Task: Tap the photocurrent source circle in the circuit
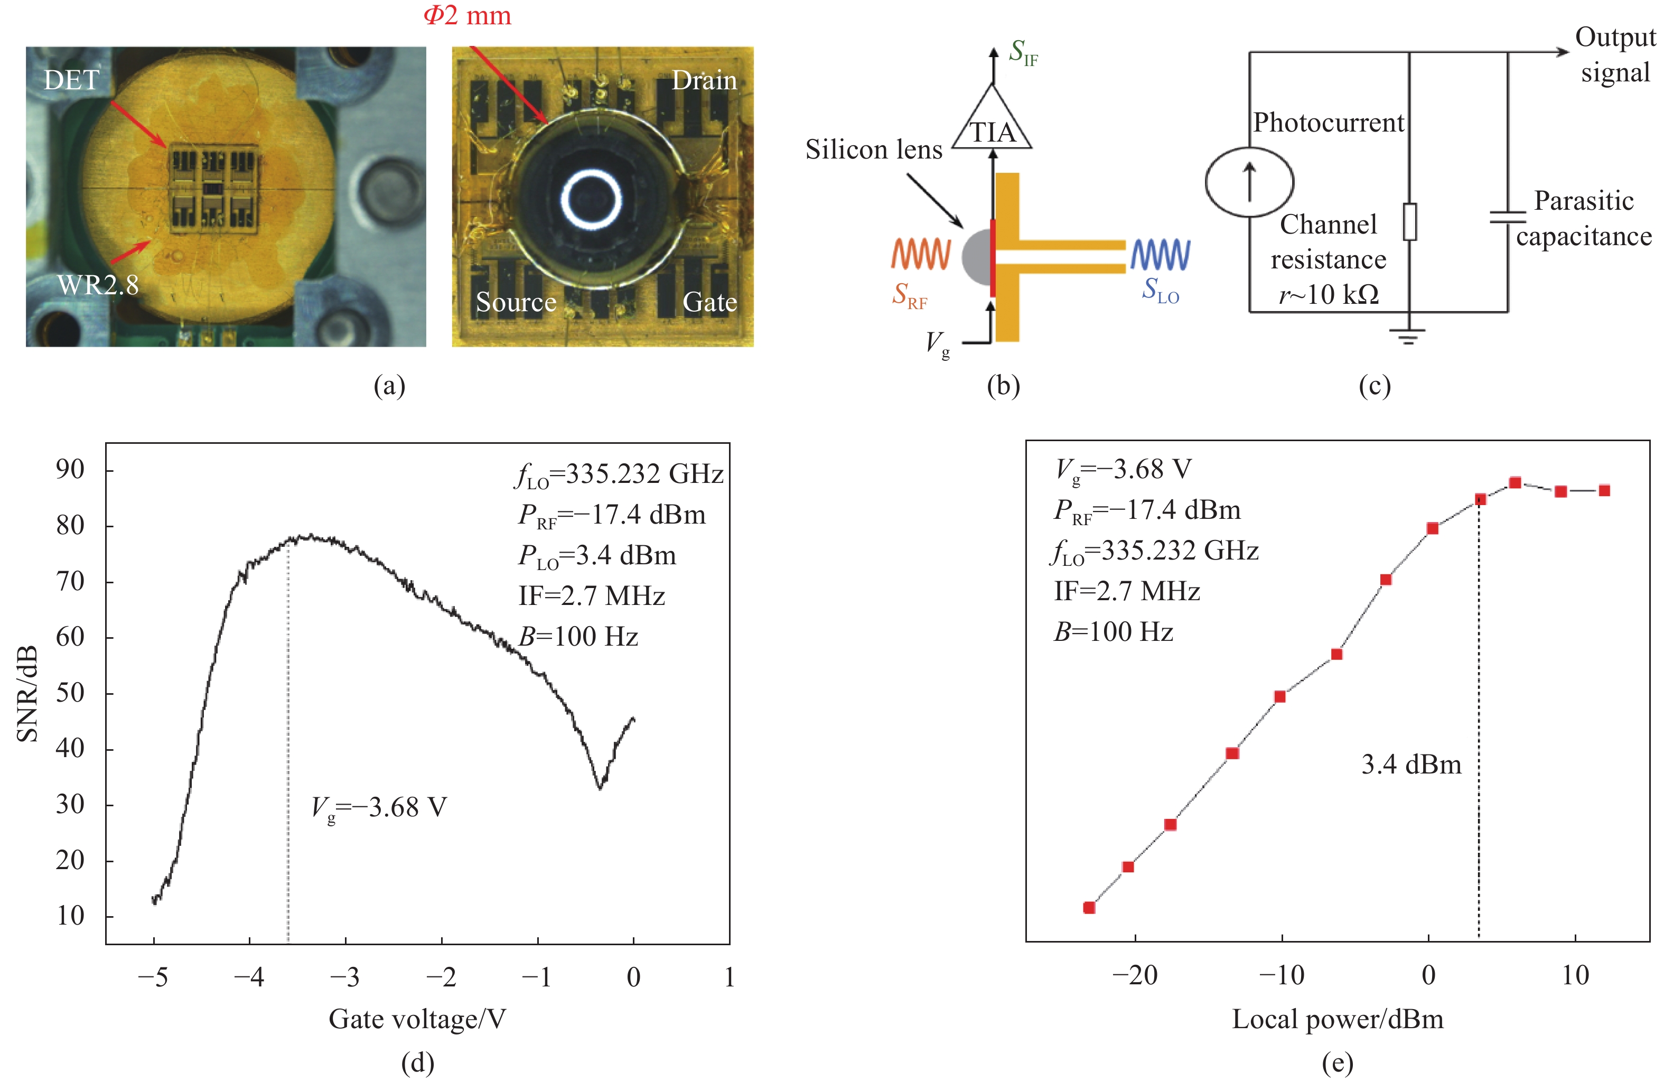coord(1249,182)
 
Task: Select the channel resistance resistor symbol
coord(1409,222)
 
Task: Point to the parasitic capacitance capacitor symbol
coord(1508,217)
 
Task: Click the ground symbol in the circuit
coord(1409,337)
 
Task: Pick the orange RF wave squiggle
coord(921,255)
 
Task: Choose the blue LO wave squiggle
coord(1161,255)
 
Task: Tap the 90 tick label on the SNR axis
coord(70,469)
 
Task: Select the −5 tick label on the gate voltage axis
coord(153,977)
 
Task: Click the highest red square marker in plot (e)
coord(1515,482)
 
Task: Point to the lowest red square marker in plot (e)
coord(1089,908)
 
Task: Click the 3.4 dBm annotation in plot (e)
coord(1411,764)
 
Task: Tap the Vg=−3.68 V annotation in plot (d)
coord(379,809)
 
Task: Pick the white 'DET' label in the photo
coord(71,80)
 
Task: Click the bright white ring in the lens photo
coord(592,199)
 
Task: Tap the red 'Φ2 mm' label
coord(467,15)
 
